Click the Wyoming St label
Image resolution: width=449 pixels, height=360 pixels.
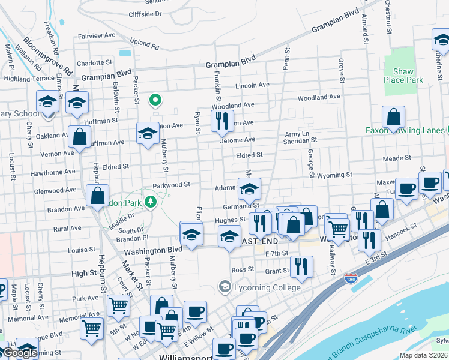(x=334, y=175)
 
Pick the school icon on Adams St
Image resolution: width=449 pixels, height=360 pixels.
(x=249, y=189)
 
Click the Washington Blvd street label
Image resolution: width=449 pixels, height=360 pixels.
(x=152, y=249)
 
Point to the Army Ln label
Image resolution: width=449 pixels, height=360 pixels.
(x=297, y=133)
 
